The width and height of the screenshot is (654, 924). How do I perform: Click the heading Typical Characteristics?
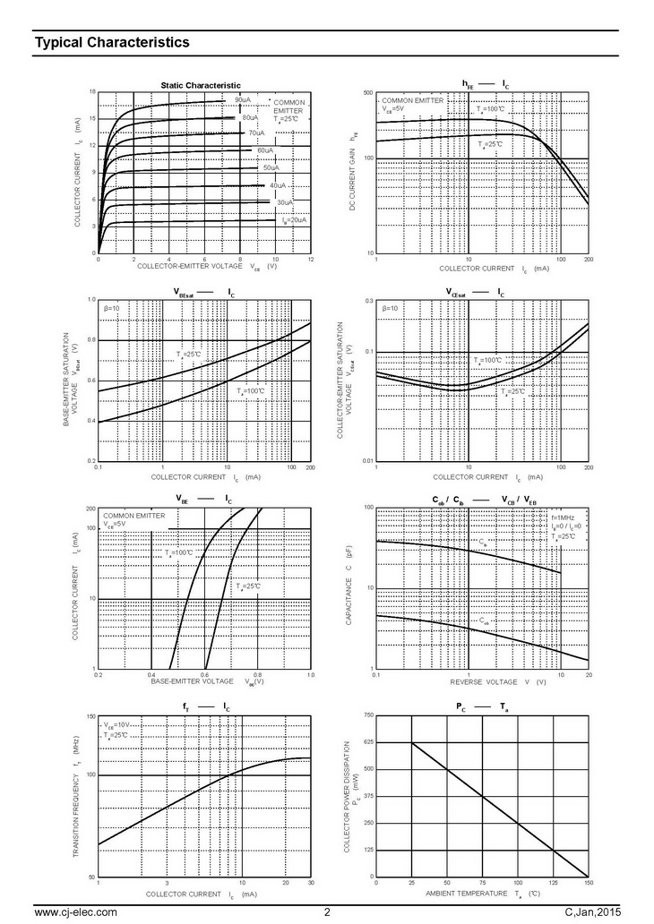(x=111, y=42)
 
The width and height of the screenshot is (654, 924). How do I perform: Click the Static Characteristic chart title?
(x=202, y=85)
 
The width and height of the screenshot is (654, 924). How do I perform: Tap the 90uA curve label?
(x=243, y=99)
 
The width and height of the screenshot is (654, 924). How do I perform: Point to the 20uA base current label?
(x=294, y=219)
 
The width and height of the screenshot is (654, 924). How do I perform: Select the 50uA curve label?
(x=271, y=167)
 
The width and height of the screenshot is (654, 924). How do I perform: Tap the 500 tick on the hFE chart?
(x=366, y=93)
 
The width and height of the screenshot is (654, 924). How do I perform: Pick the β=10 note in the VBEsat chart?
(x=112, y=309)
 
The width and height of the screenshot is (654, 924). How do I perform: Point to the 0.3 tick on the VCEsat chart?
(x=368, y=301)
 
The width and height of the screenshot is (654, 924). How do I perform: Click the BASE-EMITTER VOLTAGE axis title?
(x=192, y=682)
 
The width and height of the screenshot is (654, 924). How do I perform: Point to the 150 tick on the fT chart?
(x=90, y=717)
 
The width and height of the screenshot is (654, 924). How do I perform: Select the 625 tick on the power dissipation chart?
(x=367, y=742)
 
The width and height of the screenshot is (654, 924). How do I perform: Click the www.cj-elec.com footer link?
(x=75, y=912)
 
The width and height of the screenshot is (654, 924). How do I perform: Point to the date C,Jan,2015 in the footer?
(x=592, y=912)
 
